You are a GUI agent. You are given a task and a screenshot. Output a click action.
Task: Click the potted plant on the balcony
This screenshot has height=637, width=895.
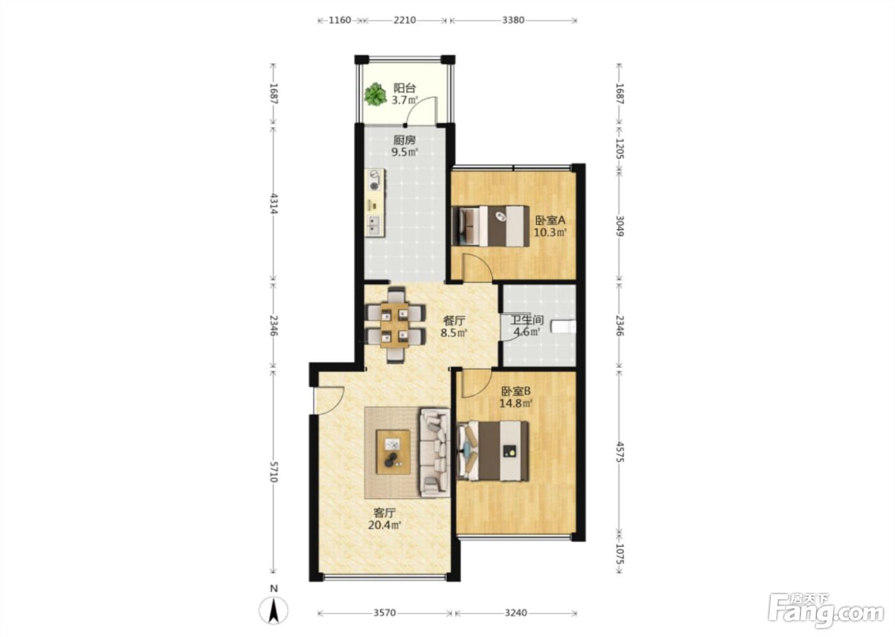(375, 94)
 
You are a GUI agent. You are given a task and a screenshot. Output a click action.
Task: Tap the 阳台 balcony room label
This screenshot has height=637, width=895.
(405, 88)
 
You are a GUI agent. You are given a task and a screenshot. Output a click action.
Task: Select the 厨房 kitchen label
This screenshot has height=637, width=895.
(404, 140)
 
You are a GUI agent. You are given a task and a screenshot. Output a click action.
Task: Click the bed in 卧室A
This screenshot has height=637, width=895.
(490, 226)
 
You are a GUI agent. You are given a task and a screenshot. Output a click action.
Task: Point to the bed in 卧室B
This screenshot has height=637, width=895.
(493, 451)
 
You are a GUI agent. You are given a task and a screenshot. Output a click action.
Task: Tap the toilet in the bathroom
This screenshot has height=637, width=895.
(563, 326)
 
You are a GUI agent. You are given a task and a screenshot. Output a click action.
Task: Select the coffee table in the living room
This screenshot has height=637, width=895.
(394, 452)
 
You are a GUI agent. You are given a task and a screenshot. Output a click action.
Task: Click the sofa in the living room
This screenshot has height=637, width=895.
(435, 452)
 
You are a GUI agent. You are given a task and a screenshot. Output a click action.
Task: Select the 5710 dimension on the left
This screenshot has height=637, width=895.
(274, 471)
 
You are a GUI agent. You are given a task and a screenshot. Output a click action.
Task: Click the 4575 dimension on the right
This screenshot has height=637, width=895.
(619, 452)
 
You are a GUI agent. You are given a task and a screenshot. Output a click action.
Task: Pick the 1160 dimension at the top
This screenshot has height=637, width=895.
(339, 20)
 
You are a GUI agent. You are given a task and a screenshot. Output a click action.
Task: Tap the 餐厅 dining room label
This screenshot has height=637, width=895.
(455, 320)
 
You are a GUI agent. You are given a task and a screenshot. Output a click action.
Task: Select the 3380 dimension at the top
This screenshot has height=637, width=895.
(513, 20)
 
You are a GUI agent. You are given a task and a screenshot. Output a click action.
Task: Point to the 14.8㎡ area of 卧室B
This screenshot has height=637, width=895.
(516, 404)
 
